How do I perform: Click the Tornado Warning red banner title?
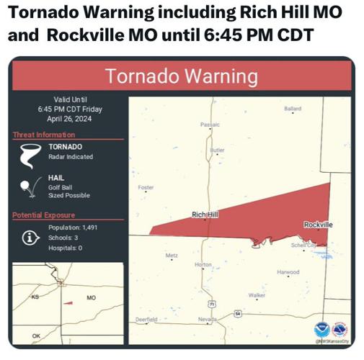point(182,76)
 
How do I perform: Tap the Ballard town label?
point(293,109)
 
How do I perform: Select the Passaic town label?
point(210,125)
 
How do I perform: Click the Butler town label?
point(217,150)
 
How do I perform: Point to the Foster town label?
point(146,187)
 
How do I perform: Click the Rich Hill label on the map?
point(205,215)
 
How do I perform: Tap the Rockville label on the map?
point(318,225)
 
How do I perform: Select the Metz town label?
point(172,255)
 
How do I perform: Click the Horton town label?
point(203,264)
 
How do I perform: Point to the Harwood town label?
point(288,272)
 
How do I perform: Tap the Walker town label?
point(257,295)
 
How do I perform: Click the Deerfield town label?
point(146,319)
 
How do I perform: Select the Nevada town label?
point(207,319)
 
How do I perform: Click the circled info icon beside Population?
point(30,238)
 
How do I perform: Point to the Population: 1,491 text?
point(68,228)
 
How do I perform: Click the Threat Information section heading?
point(43,135)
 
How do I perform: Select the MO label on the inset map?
point(91,297)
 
